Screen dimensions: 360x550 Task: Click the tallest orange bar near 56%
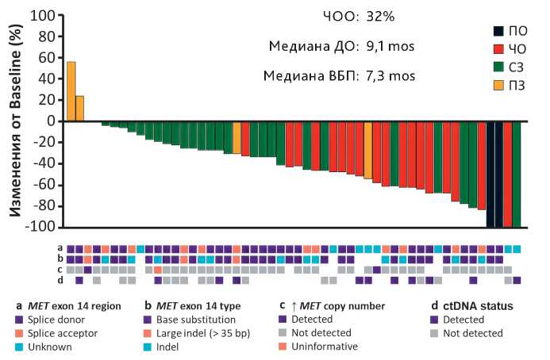coord(71,91)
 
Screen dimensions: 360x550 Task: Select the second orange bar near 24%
coord(79,109)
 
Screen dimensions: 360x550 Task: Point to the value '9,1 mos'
coord(390,47)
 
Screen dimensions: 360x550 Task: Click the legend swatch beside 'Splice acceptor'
coord(19,332)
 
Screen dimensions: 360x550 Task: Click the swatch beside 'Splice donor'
coord(19,319)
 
